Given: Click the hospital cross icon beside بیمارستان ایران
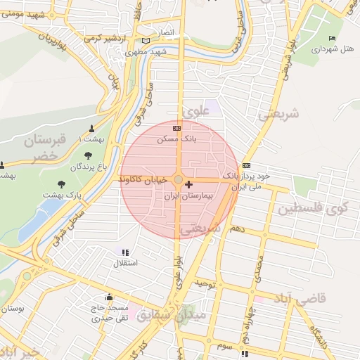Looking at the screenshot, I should click(188, 184).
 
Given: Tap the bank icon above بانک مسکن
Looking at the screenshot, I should click(176, 128).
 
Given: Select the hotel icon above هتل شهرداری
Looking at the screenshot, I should click(332, 38).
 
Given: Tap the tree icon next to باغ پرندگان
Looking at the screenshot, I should click(87, 156).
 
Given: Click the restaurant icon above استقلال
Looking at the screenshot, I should click(125, 252).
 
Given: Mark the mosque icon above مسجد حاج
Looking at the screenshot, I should click(109, 297).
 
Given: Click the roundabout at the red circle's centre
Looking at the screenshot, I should click(179, 180).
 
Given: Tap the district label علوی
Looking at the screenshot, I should click(196, 111).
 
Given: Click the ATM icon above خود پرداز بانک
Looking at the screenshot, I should click(245, 165).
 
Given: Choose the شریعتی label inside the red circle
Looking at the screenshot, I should click(200, 229).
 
